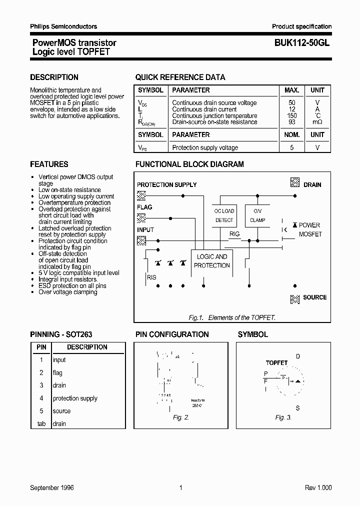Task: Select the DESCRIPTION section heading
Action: [54, 77]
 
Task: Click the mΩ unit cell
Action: [317, 122]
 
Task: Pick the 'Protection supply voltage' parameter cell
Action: [205, 147]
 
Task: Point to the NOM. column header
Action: [292, 134]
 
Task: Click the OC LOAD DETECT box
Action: [224, 215]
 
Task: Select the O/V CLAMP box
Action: [257, 215]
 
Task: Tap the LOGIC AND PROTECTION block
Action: [212, 261]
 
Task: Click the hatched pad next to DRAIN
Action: [295, 183]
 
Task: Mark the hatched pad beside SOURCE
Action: [295, 299]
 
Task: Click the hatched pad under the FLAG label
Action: [141, 217]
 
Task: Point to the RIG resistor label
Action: [234, 234]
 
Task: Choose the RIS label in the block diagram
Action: [151, 277]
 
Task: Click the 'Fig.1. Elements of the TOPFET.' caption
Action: [232, 317]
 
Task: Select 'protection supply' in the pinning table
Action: [75, 398]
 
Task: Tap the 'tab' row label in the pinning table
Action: [41, 423]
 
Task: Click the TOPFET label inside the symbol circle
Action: [276, 362]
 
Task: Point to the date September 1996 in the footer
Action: [52, 487]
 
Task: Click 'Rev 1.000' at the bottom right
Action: [318, 487]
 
